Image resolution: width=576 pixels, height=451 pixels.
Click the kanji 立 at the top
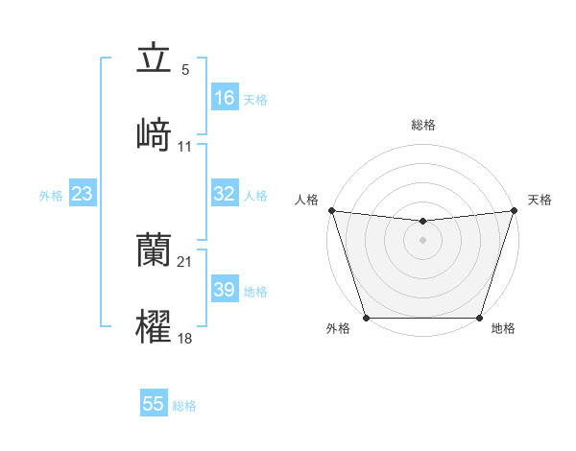[154, 59]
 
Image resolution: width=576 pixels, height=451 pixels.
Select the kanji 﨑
[154, 134]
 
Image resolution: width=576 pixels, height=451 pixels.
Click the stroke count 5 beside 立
[185, 70]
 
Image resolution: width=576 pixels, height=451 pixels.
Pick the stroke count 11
[185, 146]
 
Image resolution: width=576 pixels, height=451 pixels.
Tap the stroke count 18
[185, 338]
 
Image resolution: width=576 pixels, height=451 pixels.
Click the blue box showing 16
[225, 98]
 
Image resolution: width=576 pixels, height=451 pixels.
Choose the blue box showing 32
[225, 194]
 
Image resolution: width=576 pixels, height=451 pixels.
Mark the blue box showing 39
[225, 290]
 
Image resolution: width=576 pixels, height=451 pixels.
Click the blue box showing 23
[83, 194]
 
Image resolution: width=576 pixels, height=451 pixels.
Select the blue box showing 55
[154, 404]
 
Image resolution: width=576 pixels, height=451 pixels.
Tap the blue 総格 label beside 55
[184, 406]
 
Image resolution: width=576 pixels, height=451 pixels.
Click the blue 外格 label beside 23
[51, 196]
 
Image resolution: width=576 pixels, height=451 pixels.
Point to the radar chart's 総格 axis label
[423, 125]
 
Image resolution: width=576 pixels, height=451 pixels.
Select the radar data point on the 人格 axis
[331, 210]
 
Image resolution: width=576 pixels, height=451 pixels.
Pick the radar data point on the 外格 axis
[366, 318]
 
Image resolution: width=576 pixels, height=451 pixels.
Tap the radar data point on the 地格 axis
[480, 318]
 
